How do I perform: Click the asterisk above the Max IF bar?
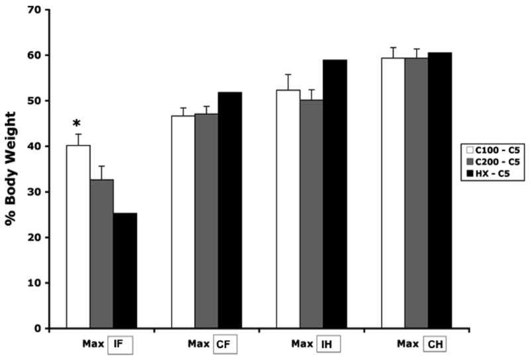[x=78, y=124]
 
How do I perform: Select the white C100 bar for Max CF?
[x=184, y=222]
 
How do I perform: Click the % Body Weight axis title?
[x=11, y=169]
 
